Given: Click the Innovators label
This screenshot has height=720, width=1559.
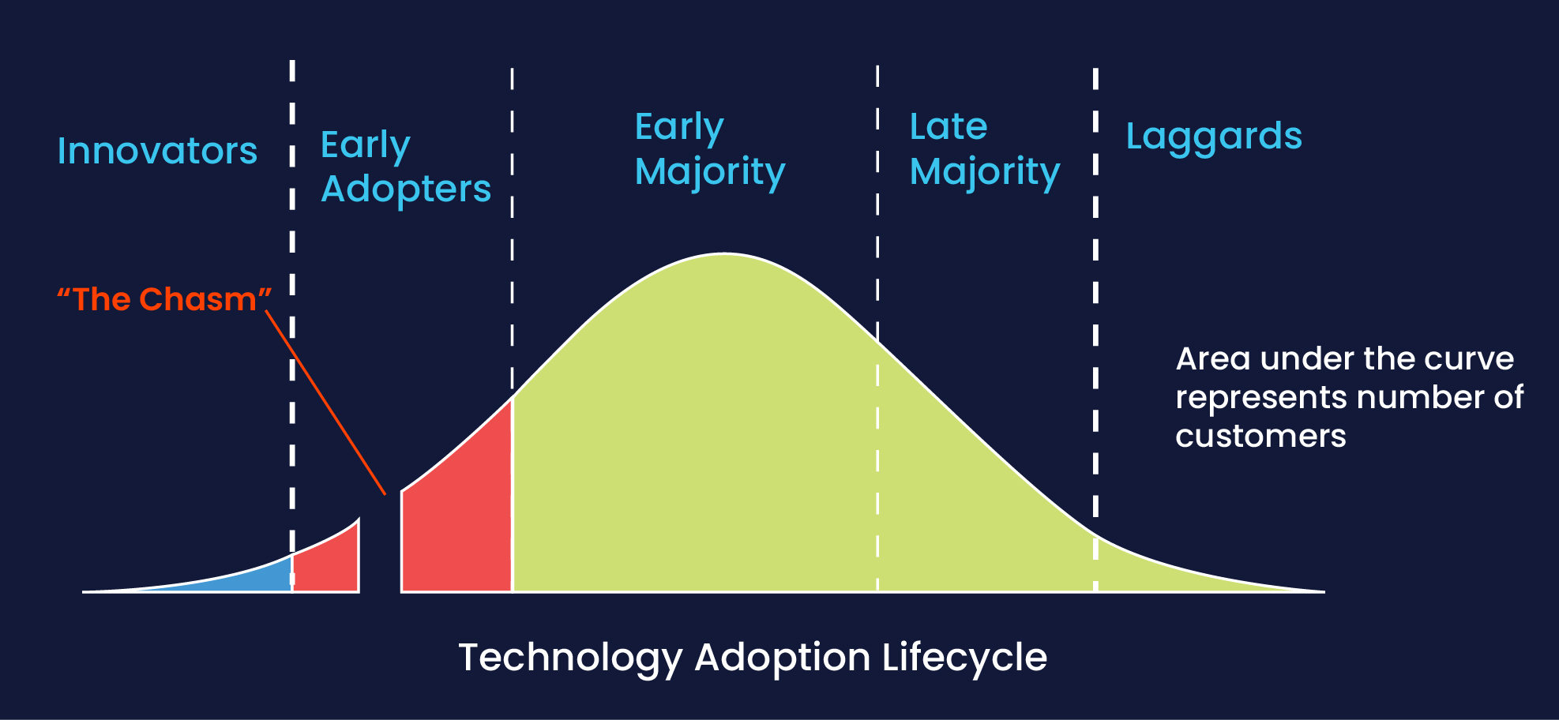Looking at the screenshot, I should point(157,151).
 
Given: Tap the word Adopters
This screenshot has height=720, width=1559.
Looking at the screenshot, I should point(406,189).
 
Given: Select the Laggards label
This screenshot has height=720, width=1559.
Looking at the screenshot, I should point(1213,137).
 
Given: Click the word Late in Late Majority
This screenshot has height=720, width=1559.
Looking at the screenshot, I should point(948,126).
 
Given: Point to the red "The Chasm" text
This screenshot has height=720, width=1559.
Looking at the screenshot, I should point(164,299).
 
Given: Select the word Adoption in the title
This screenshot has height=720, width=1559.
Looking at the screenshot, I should point(782,658).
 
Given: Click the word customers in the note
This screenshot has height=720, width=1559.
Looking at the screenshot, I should point(1260,436).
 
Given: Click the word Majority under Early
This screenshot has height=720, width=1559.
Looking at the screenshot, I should point(709,172).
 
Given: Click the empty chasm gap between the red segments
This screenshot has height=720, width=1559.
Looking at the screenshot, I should point(380,553).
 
